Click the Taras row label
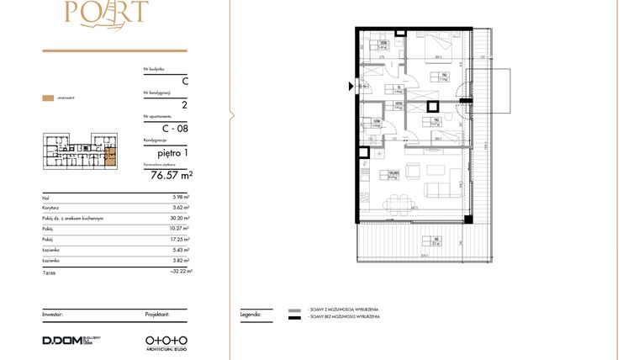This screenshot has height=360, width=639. (49, 271)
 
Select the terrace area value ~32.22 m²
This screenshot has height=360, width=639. (179, 271)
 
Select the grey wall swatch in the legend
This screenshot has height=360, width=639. (293, 310)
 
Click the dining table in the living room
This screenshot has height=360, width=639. (395, 202)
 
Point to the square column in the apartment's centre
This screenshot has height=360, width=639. (432, 106)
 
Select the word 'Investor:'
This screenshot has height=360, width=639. (54, 313)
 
